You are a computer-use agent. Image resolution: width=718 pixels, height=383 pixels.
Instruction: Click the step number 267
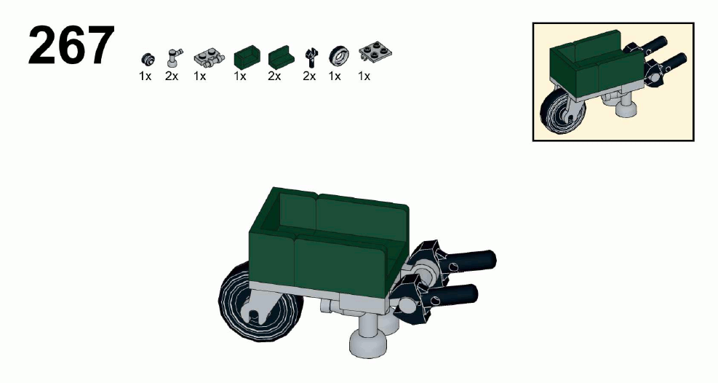click(x=71, y=45)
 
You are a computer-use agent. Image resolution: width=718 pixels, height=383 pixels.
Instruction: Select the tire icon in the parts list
click(x=338, y=56)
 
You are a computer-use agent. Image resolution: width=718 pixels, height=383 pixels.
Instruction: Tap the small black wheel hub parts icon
click(x=148, y=59)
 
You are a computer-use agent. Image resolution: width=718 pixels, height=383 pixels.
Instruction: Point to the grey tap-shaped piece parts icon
click(x=174, y=58)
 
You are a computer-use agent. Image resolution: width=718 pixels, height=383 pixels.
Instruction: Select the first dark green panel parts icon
click(x=247, y=56)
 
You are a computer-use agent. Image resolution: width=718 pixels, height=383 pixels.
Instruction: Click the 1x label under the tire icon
click(x=335, y=76)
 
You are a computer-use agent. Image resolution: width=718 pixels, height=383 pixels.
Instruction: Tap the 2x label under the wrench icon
click(x=309, y=76)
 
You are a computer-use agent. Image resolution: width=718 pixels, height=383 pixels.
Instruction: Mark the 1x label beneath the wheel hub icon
click(x=145, y=76)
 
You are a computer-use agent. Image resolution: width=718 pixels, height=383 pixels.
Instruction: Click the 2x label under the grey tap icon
click(x=172, y=76)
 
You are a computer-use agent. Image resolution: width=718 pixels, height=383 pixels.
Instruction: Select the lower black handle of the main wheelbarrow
click(x=451, y=294)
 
